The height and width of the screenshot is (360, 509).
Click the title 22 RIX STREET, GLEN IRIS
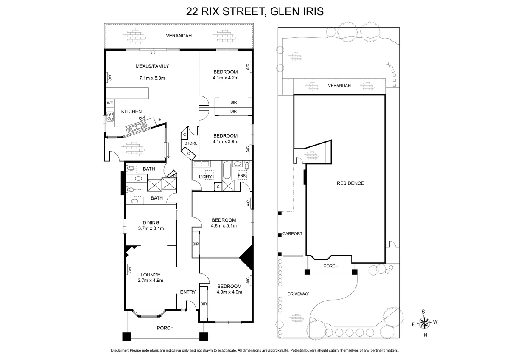[255, 11]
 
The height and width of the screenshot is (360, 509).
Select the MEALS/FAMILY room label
[152, 66]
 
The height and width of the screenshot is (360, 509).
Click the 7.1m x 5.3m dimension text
[152, 78]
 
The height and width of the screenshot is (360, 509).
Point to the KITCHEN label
[131, 111]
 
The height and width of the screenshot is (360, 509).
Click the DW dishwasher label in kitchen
[142, 118]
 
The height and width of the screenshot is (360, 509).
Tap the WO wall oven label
[110, 103]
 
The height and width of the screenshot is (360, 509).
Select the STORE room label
[191, 143]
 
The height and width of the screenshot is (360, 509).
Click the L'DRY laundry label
[199, 177]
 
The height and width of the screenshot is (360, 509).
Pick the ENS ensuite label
[242, 175]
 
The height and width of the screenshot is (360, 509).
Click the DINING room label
[151, 222]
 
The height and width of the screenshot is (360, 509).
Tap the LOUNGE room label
[151, 274]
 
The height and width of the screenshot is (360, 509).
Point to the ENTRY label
[188, 292]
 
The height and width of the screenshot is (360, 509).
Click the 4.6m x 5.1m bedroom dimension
[224, 226]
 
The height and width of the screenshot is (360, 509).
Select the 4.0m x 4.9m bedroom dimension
[229, 292]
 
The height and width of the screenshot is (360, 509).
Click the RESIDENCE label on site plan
[350, 183]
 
